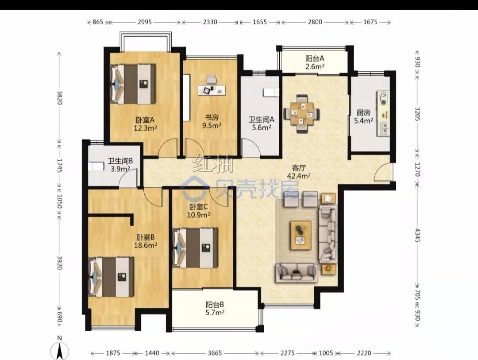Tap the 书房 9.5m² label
tap(212, 121)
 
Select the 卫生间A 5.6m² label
tap(261, 123)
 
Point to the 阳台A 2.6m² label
tap(315, 62)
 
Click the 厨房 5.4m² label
tap(363, 116)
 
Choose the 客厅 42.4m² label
tap(299, 172)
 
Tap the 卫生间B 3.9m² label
tap(120, 164)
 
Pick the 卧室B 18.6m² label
tap(146, 241)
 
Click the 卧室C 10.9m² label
tap(198, 210)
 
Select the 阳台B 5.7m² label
tap(215, 308)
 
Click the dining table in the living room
tap(301, 113)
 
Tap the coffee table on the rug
tap(301, 233)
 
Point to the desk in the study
tap(212, 90)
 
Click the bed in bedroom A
tap(133, 84)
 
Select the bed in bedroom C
tap(195, 248)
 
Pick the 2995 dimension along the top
tap(145, 22)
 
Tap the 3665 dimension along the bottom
tap(215, 353)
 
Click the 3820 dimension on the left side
tap(60, 97)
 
